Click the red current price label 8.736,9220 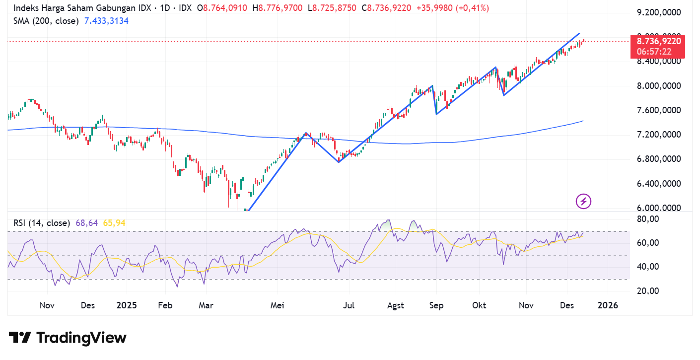point(659,41)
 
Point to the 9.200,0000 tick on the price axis point(659,12)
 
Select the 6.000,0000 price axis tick point(659,209)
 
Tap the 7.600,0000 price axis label point(659,110)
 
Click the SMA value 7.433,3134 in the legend point(107,21)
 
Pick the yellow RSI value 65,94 point(114,223)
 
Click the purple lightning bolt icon point(583,201)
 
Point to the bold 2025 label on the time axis point(127,305)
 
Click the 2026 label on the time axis point(608,305)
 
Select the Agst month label point(396,305)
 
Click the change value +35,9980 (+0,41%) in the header point(452,8)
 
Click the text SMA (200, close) point(46,21)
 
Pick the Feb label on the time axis point(165,305)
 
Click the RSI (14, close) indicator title point(42,223)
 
